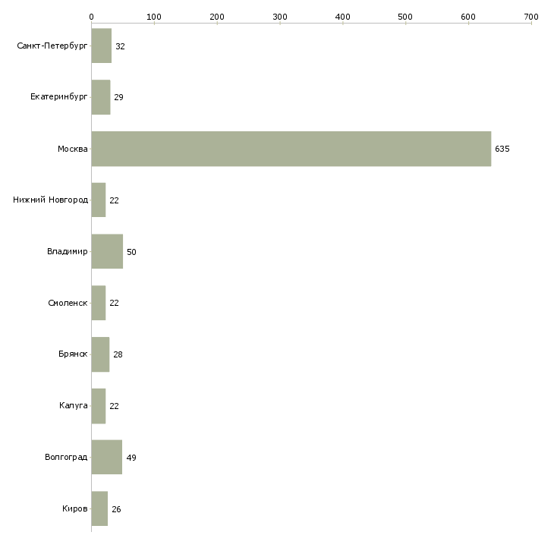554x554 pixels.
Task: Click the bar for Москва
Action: coord(291,149)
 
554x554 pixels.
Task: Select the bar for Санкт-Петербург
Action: coord(102,46)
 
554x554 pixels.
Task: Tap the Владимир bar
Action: coord(107,251)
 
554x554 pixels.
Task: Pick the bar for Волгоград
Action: coord(107,457)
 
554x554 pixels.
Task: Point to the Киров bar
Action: coord(99,508)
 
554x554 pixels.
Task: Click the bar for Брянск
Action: coord(100,354)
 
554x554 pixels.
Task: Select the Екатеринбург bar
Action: coord(101,97)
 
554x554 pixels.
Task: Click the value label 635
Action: coord(502,149)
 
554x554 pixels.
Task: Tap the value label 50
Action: coord(131,252)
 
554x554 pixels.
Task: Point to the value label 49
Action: coord(131,458)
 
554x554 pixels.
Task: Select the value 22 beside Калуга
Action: coord(114,406)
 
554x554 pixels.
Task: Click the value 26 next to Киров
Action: coord(116,509)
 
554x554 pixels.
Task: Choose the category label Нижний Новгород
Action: coord(50,200)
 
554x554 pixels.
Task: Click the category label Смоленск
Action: coord(68,303)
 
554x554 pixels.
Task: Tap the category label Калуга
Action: coord(73,405)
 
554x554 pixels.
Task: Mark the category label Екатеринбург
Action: coord(58,97)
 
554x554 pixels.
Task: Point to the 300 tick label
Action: coord(280,17)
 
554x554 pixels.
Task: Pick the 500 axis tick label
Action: coord(405,17)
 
